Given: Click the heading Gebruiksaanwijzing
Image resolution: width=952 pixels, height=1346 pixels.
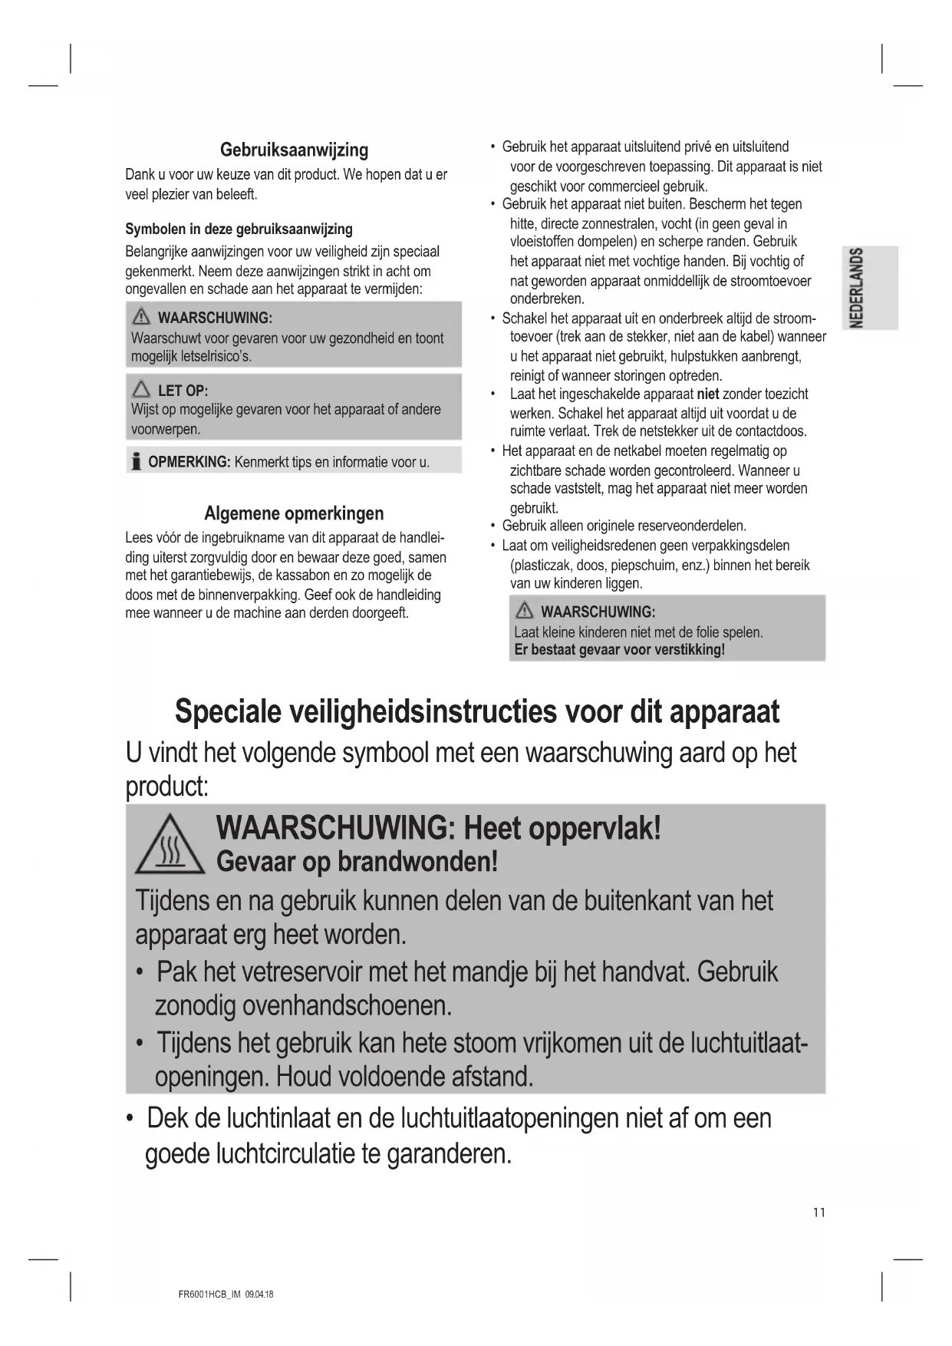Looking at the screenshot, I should (294, 150).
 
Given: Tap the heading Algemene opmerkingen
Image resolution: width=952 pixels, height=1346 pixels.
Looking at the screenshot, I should (294, 513).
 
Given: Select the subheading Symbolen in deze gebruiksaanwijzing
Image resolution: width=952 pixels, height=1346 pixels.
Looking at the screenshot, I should (239, 229).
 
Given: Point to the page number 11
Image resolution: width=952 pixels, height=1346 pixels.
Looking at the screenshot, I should (819, 1212).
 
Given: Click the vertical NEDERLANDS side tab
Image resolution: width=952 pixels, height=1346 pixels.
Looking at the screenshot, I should (858, 287).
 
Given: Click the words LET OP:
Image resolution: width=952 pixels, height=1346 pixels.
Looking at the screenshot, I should (183, 391).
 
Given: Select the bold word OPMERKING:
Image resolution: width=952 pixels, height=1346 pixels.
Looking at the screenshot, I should (189, 462).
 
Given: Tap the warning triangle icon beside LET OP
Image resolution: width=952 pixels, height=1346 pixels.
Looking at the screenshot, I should (141, 390).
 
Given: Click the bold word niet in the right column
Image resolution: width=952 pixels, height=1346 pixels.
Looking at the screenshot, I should (707, 394).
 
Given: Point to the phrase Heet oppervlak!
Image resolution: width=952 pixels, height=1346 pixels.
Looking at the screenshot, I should (562, 828).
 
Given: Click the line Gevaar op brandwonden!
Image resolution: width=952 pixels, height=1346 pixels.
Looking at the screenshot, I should (357, 862).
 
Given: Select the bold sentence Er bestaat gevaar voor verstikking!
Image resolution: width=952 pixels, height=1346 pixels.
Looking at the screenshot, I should (619, 650).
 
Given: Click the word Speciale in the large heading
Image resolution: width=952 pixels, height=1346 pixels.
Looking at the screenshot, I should (227, 711).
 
